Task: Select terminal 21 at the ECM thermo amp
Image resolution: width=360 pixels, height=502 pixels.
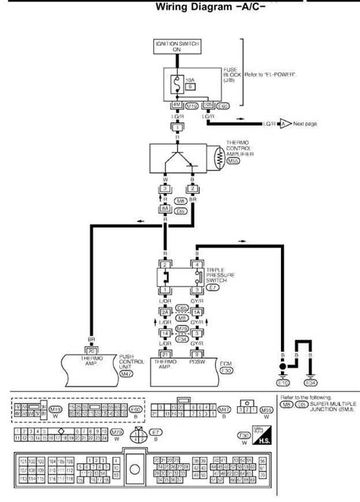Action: (163, 352)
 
